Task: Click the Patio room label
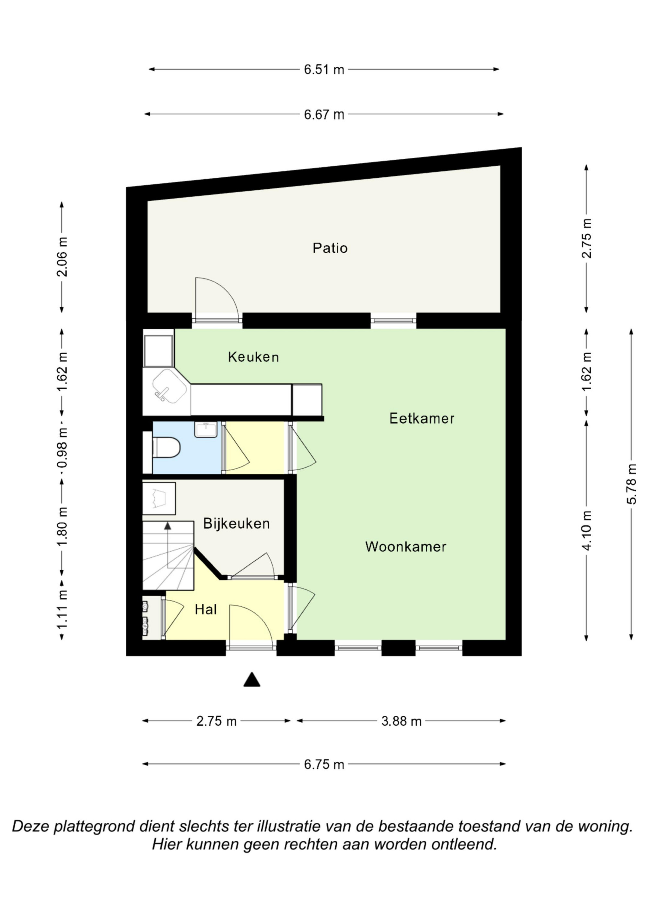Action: pos(330,248)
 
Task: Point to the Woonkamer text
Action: pos(406,547)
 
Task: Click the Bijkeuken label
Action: pos(237,523)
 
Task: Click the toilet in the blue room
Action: pos(167,447)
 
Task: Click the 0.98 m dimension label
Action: pos(62,448)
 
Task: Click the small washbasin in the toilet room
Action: pos(206,429)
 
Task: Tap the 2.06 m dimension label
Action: pos(62,257)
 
